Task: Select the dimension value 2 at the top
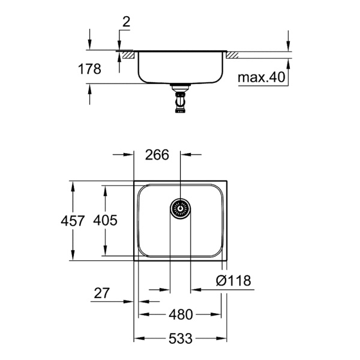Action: pyautogui.click(x=126, y=22)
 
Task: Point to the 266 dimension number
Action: pyautogui.click(x=158, y=155)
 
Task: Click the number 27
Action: pyautogui.click(x=103, y=293)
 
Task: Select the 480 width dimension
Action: pyautogui.click(x=181, y=314)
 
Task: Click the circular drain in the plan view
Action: pyautogui.click(x=180, y=209)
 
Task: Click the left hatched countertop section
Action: pyautogui.click(x=127, y=55)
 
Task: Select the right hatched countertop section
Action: pyautogui.click(x=233, y=55)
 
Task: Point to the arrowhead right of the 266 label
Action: pyautogui.click(x=186, y=155)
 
